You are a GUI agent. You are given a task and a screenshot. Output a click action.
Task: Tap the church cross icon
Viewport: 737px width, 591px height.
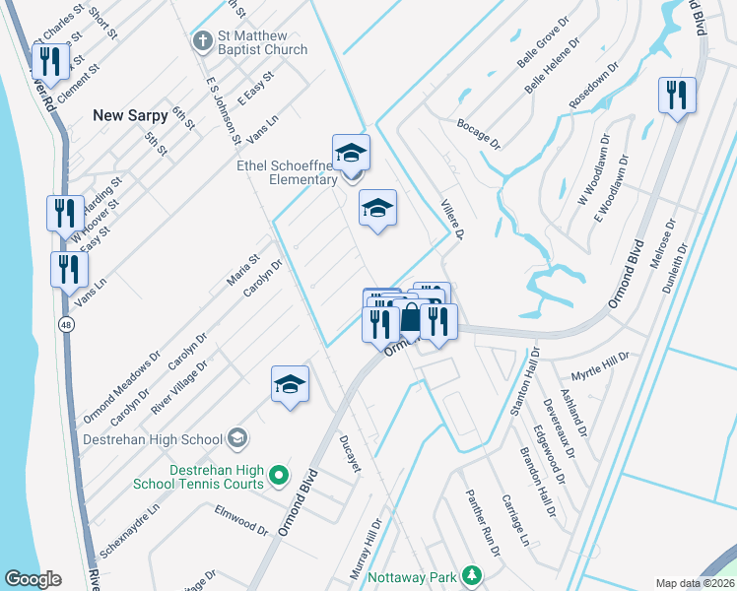point(202,41)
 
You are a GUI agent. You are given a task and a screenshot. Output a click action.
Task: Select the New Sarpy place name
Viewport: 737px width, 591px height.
point(127,115)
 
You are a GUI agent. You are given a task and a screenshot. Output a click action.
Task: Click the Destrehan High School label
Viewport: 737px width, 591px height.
point(153,439)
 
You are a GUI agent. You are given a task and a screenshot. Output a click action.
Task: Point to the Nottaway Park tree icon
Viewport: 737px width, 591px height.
point(473,574)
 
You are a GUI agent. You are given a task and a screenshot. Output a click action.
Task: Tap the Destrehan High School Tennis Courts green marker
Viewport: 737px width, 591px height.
point(279,476)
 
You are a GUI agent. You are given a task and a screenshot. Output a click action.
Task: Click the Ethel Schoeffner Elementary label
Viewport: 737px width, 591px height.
point(288,173)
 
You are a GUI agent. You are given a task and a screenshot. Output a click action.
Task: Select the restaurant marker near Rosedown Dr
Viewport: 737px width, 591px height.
point(677,96)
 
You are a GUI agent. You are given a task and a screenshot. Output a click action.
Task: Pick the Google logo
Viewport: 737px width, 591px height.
point(33,579)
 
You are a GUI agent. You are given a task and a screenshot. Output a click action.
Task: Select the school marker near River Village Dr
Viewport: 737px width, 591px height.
point(291,385)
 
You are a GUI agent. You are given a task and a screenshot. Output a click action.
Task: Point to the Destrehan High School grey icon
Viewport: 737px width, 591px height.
point(236,436)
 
